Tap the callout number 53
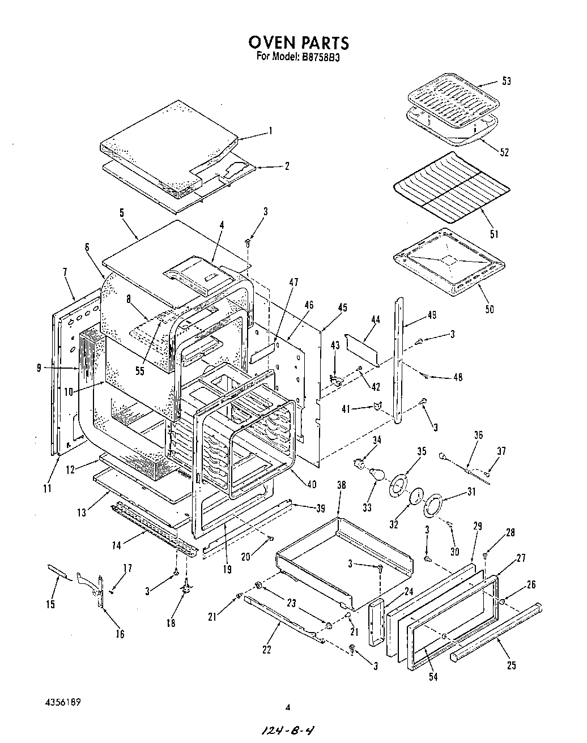506,81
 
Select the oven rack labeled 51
450,187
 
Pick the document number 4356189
63,702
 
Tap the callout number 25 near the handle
512,665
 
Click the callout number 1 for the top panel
270,131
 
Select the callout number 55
141,371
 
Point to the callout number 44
375,320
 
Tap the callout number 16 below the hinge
120,634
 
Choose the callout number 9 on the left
39,368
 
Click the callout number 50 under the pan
489,309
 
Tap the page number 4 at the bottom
288,707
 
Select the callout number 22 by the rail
267,649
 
